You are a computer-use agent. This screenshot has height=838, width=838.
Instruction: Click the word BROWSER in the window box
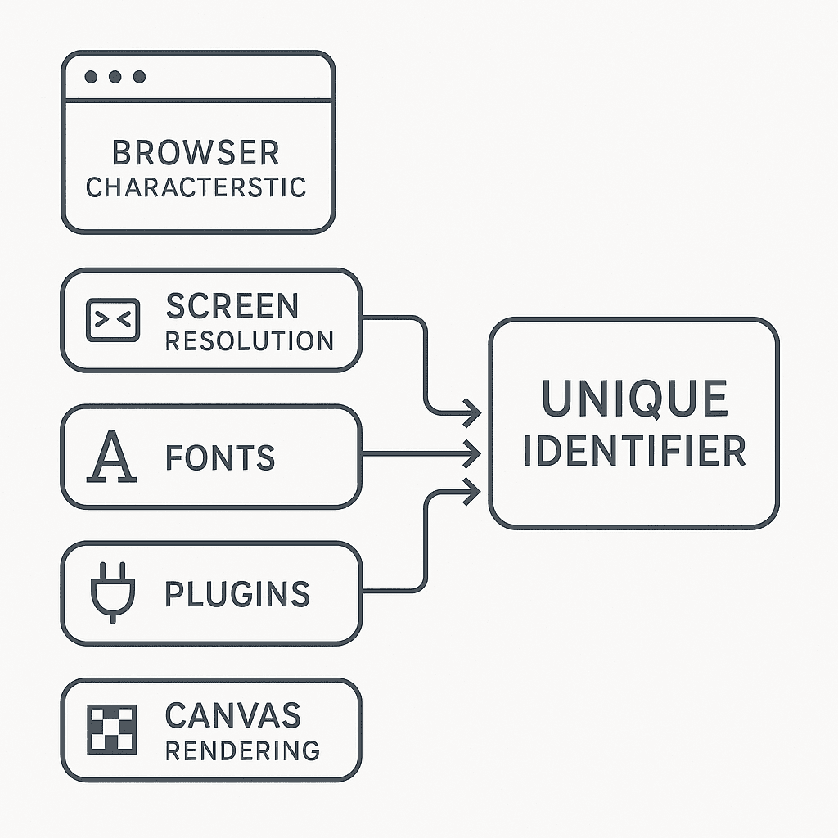(x=196, y=153)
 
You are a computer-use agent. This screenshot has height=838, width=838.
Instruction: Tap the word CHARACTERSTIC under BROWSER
(x=196, y=187)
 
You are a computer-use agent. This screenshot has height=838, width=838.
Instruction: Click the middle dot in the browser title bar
(x=115, y=77)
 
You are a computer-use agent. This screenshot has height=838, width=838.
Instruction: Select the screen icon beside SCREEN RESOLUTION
(x=113, y=320)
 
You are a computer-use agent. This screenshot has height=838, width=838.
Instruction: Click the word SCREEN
(x=232, y=306)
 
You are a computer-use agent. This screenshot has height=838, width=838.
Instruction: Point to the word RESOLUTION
(x=250, y=341)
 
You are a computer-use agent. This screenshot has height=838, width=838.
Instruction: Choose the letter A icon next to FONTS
(x=111, y=457)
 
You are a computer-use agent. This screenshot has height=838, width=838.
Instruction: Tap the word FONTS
(x=220, y=457)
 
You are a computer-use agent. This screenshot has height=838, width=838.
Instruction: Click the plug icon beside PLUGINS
(x=113, y=592)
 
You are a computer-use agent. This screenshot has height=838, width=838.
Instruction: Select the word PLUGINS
(x=237, y=594)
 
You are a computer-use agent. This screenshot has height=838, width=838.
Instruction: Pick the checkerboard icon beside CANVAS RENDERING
(x=111, y=729)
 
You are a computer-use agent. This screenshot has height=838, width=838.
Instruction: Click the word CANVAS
(x=233, y=715)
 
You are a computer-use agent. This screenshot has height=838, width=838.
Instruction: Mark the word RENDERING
(x=242, y=751)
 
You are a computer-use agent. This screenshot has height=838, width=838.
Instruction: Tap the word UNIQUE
(x=634, y=399)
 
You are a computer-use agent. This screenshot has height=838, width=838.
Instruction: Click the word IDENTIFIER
(x=634, y=451)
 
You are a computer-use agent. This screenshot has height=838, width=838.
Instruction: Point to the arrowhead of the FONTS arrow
(x=473, y=454)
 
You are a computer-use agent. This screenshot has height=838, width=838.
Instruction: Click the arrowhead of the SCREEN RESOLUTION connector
(x=473, y=413)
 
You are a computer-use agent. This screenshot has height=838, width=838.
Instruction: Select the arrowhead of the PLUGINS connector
(x=473, y=492)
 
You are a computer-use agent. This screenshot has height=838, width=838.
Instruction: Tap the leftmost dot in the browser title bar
(x=92, y=77)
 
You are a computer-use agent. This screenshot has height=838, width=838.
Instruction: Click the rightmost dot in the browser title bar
(x=139, y=77)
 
